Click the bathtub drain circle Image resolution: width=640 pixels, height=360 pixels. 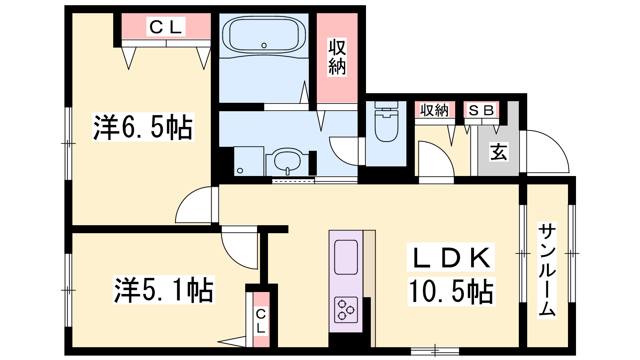click(x=264, y=46)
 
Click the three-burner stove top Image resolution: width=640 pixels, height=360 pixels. click(x=346, y=310)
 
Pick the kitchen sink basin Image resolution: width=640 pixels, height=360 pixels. click(x=346, y=257)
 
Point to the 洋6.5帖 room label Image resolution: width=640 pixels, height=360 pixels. click(x=143, y=127)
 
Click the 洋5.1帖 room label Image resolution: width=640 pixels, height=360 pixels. click(x=164, y=290)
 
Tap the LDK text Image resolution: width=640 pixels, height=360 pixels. click(x=450, y=257)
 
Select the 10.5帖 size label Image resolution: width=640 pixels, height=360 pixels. click(x=452, y=292)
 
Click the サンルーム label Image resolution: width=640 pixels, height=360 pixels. click(x=547, y=270)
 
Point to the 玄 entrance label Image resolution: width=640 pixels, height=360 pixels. click(x=498, y=152)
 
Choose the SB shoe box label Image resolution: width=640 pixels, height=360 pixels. click(x=481, y=110)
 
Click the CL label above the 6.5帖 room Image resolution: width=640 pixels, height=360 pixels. click(x=166, y=26)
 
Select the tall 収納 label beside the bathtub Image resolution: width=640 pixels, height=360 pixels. click(x=337, y=57)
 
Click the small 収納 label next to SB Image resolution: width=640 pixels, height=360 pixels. click(x=434, y=110)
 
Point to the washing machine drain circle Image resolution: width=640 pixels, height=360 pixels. click(x=240, y=170)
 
